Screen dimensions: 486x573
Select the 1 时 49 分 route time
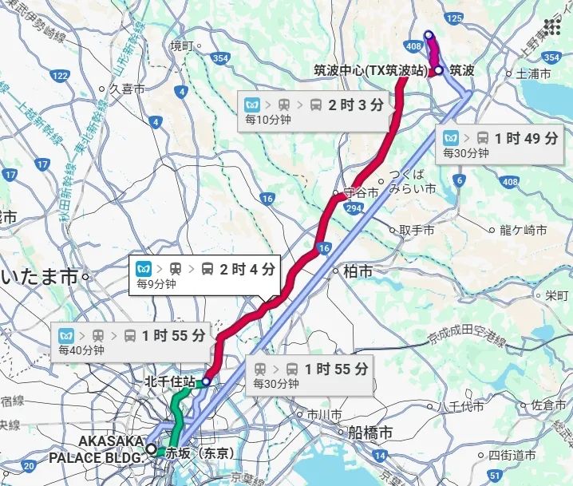527,137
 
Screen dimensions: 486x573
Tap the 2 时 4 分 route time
248,268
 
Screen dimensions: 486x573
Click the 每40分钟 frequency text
81,350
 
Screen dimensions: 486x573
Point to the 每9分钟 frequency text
153,283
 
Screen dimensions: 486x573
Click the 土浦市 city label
534,74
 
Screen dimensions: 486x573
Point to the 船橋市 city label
369,433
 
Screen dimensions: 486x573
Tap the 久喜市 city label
126,89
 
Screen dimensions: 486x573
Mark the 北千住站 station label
169,381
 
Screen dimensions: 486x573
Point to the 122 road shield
58,75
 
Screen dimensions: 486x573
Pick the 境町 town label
182,46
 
